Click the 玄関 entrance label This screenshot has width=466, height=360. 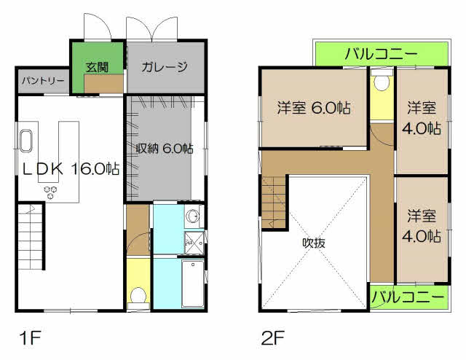97,68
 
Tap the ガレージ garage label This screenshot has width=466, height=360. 165,66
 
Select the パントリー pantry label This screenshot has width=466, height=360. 43,81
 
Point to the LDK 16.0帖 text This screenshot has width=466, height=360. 71,168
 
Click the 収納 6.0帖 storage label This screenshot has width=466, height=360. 165,148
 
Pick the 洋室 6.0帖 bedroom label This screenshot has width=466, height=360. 314,108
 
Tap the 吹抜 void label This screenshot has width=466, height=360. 314,243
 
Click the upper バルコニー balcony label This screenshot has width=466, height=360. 382,54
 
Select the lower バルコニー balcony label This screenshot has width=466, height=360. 408,297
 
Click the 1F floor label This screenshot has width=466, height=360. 30,338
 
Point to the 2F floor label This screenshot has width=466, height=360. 273,338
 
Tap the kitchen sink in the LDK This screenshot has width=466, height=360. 25,141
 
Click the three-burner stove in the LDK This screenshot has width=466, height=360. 50,192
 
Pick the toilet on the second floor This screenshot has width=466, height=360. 382,79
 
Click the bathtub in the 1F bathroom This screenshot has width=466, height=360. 193,283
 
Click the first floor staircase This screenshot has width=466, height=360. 31,237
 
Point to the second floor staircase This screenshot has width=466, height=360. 274,203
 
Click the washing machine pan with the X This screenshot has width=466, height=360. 194,242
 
